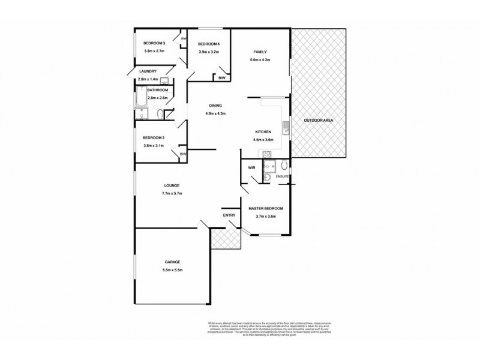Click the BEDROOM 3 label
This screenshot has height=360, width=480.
point(154,43)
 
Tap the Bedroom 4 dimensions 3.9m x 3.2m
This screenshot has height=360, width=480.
point(209,52)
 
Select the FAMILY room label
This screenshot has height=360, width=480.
point(260,52)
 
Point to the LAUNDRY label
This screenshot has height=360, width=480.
point(147,71)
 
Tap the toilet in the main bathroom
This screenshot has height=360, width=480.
point(160,114)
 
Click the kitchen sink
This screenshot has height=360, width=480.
point(287,127)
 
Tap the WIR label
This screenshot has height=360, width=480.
point(252,168)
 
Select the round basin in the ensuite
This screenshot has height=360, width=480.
point(267,176)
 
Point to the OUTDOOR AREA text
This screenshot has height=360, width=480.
point(318,121)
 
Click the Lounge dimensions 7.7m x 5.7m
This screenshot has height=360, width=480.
point(172,193)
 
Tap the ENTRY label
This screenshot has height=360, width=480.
point(229,215)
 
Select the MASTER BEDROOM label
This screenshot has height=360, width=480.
point(266,209)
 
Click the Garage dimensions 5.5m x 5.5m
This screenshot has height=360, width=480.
point(172,270)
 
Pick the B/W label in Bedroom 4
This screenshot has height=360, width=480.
point(221,78)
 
